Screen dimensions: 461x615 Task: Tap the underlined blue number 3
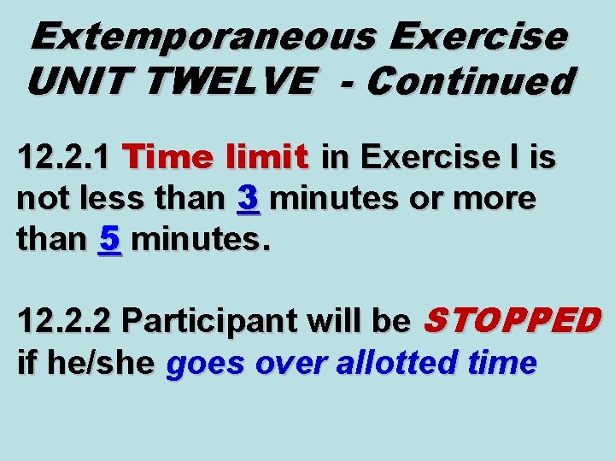click(249, 199)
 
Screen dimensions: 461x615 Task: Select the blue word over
click(288, 363)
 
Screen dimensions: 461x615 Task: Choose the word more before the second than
click(497, 199)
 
